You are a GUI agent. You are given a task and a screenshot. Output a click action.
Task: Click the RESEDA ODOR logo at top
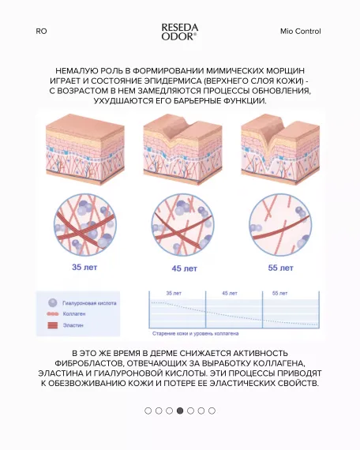[179, 31]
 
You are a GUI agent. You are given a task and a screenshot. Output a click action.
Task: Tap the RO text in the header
[41, 32]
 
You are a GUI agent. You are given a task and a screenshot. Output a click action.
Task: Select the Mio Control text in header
[300, 32]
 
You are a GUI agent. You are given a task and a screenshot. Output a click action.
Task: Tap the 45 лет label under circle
[181, 268]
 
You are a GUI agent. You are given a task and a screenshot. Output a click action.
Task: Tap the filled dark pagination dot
[180, 411]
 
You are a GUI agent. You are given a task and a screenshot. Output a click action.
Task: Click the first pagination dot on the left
[148, 411]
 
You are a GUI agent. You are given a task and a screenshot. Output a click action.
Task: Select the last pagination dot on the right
[212, 411]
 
